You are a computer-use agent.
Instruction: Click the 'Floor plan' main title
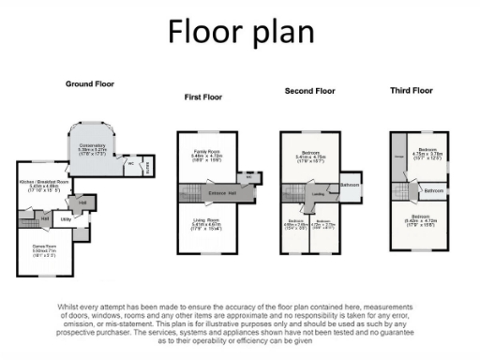pyautogui.click(x=239, y=32)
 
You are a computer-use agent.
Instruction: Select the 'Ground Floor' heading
pyautogui.click(x=89, y=84)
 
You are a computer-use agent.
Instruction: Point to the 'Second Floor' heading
pyautogui.click(x=308, y=91)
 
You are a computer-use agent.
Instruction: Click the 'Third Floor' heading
pyautogui.click(x=411, y=91)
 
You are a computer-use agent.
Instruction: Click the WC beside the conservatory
pyautogui.click(x=130, y=160)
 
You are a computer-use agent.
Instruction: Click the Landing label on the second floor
pyautogui.click(x=318, y=195)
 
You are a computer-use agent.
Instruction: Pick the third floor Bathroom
pyautogui.click(x=433, y=190)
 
